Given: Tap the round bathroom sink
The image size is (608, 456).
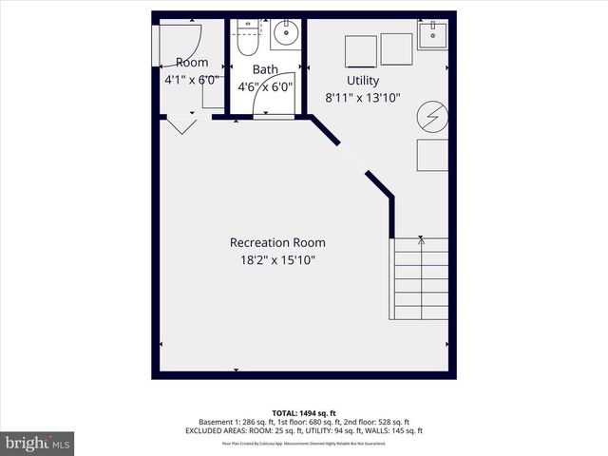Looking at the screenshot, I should click(x=284, y=36).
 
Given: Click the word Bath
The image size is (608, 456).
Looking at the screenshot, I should click(x=265, y=69).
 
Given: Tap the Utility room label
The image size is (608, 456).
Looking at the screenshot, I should click(x=363, y=81).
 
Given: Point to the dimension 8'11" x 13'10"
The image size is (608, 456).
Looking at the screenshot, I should click(x=363, y=96).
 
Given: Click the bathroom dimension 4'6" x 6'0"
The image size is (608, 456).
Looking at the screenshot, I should click(x=265, y=85).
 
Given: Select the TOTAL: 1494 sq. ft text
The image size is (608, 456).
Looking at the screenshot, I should click(x=304, y=412).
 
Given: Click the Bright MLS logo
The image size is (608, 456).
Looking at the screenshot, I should click(x=38, y=443).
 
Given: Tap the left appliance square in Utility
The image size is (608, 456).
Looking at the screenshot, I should click(x=360, y=51).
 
